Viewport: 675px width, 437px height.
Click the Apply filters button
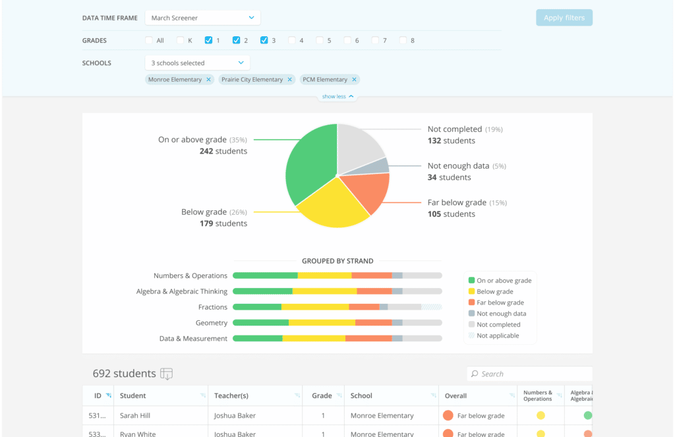click(564, 18)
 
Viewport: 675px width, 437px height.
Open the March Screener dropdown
click(202, 18)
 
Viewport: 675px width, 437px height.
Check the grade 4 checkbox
click(292, 40)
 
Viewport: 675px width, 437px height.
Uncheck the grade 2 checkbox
click(236, 40)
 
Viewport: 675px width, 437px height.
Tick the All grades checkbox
click(149, 40)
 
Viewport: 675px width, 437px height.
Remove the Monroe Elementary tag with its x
click(208, 80)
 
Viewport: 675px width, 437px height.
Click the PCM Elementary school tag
click(324, 80)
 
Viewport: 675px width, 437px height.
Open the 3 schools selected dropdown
click(197, 63)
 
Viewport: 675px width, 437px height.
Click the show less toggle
click(337, 97)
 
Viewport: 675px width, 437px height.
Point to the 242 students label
click(223, 152)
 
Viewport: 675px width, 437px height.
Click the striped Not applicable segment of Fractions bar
click(432, 307)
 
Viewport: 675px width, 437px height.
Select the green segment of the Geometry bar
click(261, 323)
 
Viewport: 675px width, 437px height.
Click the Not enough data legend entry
click(500, 314)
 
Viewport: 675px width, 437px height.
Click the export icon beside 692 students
click(167, 374)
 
